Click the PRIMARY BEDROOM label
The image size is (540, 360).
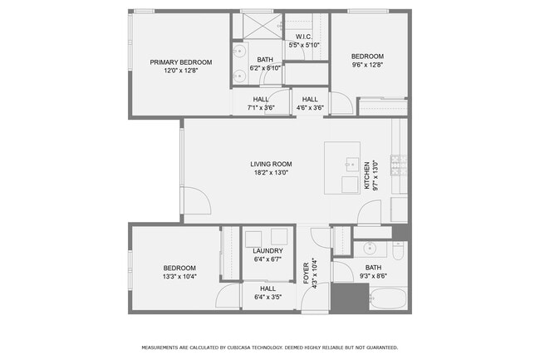click(x=180, y=62)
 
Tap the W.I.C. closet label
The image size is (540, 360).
click(x=303, y=37)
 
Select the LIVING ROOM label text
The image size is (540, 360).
click(x=271, y=164)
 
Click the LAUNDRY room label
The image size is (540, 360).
click(x=268, y=250)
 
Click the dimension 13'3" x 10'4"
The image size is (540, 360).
click(x=179, y=276)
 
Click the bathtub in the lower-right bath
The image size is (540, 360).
click(x=388, y=299)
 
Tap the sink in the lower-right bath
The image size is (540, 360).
click(x=370, y=248)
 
